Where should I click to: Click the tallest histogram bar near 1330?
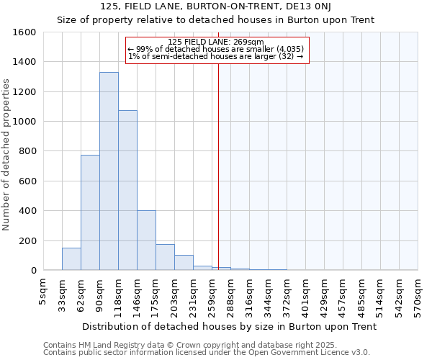click(x=109, y=171)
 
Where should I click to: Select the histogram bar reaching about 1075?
click(x=127, y=190)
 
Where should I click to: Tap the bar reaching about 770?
click(x=90, y=212)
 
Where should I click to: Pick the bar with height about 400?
click(x=146, y=240)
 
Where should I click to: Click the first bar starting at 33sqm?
click(x=71, y=259)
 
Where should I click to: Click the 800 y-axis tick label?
click(x=27, y=151)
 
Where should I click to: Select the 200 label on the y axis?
click(x=27, y=240)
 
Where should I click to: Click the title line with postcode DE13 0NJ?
click(x=216, y=7)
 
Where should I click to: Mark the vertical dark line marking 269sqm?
click(x=218, y=166)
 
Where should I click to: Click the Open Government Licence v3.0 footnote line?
click(x=207, y=353)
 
